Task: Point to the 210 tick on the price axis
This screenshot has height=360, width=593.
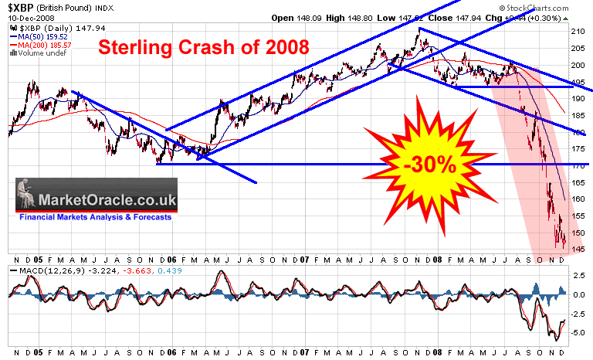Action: (x=578, y=32)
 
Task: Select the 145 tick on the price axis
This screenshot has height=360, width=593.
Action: (x=578, y=249)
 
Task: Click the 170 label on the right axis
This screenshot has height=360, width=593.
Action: (x=578, y=165)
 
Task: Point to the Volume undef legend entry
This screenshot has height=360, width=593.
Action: (x=39, y=53)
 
